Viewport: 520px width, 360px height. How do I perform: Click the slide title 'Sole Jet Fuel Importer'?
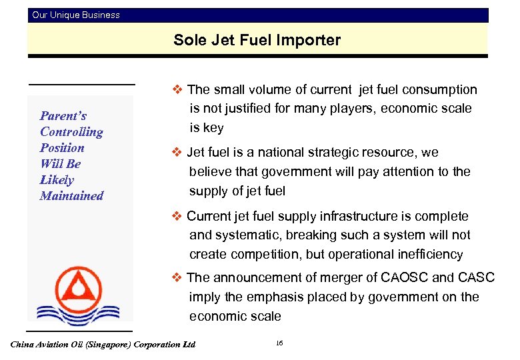coord(257,40)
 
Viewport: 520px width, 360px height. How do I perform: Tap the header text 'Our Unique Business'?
coord(76,15)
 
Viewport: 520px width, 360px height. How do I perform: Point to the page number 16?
coord(279,343)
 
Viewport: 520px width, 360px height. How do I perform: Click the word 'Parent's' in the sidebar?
coord(63,116)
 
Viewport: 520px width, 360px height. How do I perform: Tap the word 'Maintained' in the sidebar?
coord(71,196)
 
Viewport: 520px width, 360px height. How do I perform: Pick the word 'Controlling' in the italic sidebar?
coord(71,132)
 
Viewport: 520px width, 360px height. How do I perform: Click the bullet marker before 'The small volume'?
coord(177,89)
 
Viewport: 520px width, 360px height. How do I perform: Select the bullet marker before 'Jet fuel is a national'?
coord(177,152)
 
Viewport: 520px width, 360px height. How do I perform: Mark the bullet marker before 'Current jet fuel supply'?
coord(177,216)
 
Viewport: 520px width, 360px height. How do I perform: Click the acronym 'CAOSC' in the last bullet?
coord(402,278)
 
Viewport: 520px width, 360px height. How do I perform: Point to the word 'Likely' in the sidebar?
coord(57,180)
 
